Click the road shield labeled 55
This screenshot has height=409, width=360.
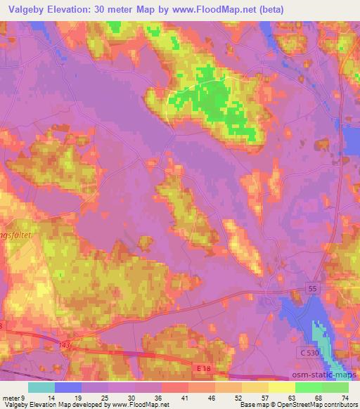click(x=311, y=288)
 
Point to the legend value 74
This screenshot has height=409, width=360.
click(x=345, y=397)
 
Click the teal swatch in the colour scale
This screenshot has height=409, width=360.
click(x=41, y=387)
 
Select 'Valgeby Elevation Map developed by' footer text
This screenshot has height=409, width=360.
click(x=53, y=405)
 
